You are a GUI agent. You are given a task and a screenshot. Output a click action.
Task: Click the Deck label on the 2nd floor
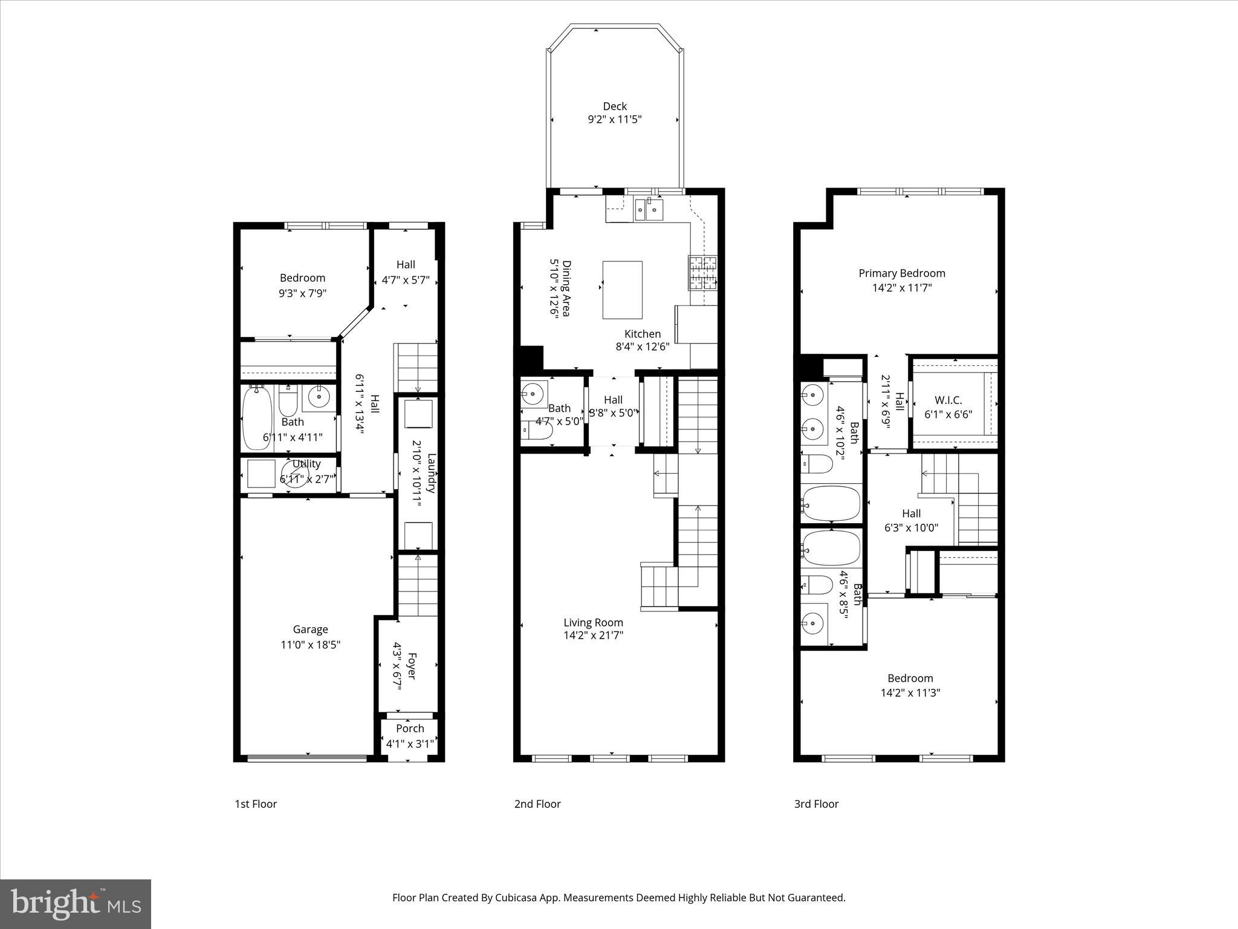point(614,106)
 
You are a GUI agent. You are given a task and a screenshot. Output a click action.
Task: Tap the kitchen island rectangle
point(622,290)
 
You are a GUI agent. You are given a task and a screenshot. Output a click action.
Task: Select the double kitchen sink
point(648,210)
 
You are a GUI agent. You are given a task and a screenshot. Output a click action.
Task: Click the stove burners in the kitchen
point(702,273)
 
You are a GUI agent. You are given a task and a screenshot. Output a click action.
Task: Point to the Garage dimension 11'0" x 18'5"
point(310,645)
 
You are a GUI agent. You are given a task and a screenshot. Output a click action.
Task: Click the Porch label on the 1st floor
point(410,729)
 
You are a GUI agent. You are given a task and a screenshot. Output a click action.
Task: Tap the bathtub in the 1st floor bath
point(256,419)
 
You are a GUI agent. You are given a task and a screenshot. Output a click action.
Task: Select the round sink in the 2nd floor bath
point(533,393)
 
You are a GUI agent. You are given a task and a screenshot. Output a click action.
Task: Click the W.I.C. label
point(948,400)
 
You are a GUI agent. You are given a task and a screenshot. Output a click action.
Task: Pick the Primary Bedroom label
point(901,273)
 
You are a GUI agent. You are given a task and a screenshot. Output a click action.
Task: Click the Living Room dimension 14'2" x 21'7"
point(593,635)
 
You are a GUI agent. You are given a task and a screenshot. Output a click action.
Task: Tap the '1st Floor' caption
point(256,804)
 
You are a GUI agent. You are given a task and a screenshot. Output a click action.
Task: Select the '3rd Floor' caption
point(816,804)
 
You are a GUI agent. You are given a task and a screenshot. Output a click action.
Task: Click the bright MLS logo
point(76,904)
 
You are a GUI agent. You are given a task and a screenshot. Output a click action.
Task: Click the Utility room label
point(306,464)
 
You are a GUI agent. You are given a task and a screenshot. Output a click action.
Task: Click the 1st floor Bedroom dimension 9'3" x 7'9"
point(302,293)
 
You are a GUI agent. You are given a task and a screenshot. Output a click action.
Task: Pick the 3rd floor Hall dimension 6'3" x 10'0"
point(911,527)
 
